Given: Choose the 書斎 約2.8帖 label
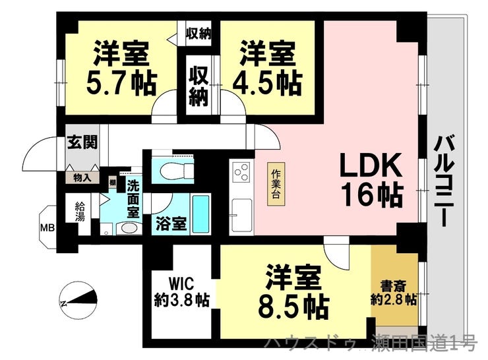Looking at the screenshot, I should [393, 293].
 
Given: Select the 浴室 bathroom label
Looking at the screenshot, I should [171, 224].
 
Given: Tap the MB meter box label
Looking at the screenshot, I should [49, 229].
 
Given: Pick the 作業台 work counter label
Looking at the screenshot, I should [276, 183].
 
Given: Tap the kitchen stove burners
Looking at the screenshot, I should [241, 174].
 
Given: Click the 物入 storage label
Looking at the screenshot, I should [82, 177].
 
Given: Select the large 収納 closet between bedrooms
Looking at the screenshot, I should [199, 87].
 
